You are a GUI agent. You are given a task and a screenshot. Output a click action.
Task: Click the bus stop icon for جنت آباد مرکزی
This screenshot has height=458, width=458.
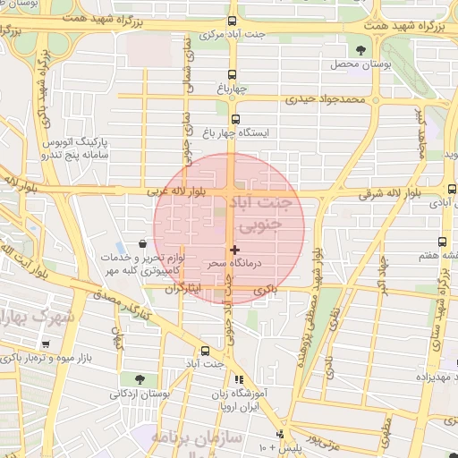tap(233, 21)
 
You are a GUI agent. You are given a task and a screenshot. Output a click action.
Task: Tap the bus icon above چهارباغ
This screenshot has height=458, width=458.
tap(233, 74)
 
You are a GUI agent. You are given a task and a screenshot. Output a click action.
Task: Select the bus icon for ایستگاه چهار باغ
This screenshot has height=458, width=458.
tap(236, 119)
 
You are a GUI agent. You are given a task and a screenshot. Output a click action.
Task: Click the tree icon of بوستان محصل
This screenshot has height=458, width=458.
tap(361, 50)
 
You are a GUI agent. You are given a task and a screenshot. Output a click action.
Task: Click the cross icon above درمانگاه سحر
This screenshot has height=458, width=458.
tap(234, 250)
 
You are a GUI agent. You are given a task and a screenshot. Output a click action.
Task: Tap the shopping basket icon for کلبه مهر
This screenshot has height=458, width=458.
tap(143, 243)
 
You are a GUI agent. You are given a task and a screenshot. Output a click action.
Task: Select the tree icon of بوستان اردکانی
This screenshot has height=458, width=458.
tap(139, 379)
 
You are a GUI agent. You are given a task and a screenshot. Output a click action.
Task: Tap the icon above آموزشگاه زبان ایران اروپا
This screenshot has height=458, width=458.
tap(238, 379)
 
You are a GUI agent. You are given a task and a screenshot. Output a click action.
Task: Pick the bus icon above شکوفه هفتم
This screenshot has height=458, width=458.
tap(442, 242)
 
